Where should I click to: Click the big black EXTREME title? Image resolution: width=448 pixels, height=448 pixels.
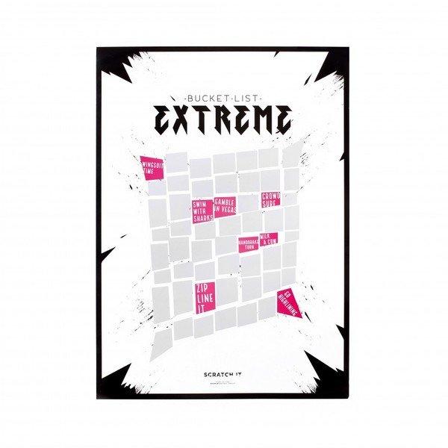click(223, 119)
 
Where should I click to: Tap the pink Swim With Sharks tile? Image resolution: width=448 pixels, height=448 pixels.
click(201, 210)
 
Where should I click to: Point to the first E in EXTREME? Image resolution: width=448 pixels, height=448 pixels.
click(165, 119)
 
